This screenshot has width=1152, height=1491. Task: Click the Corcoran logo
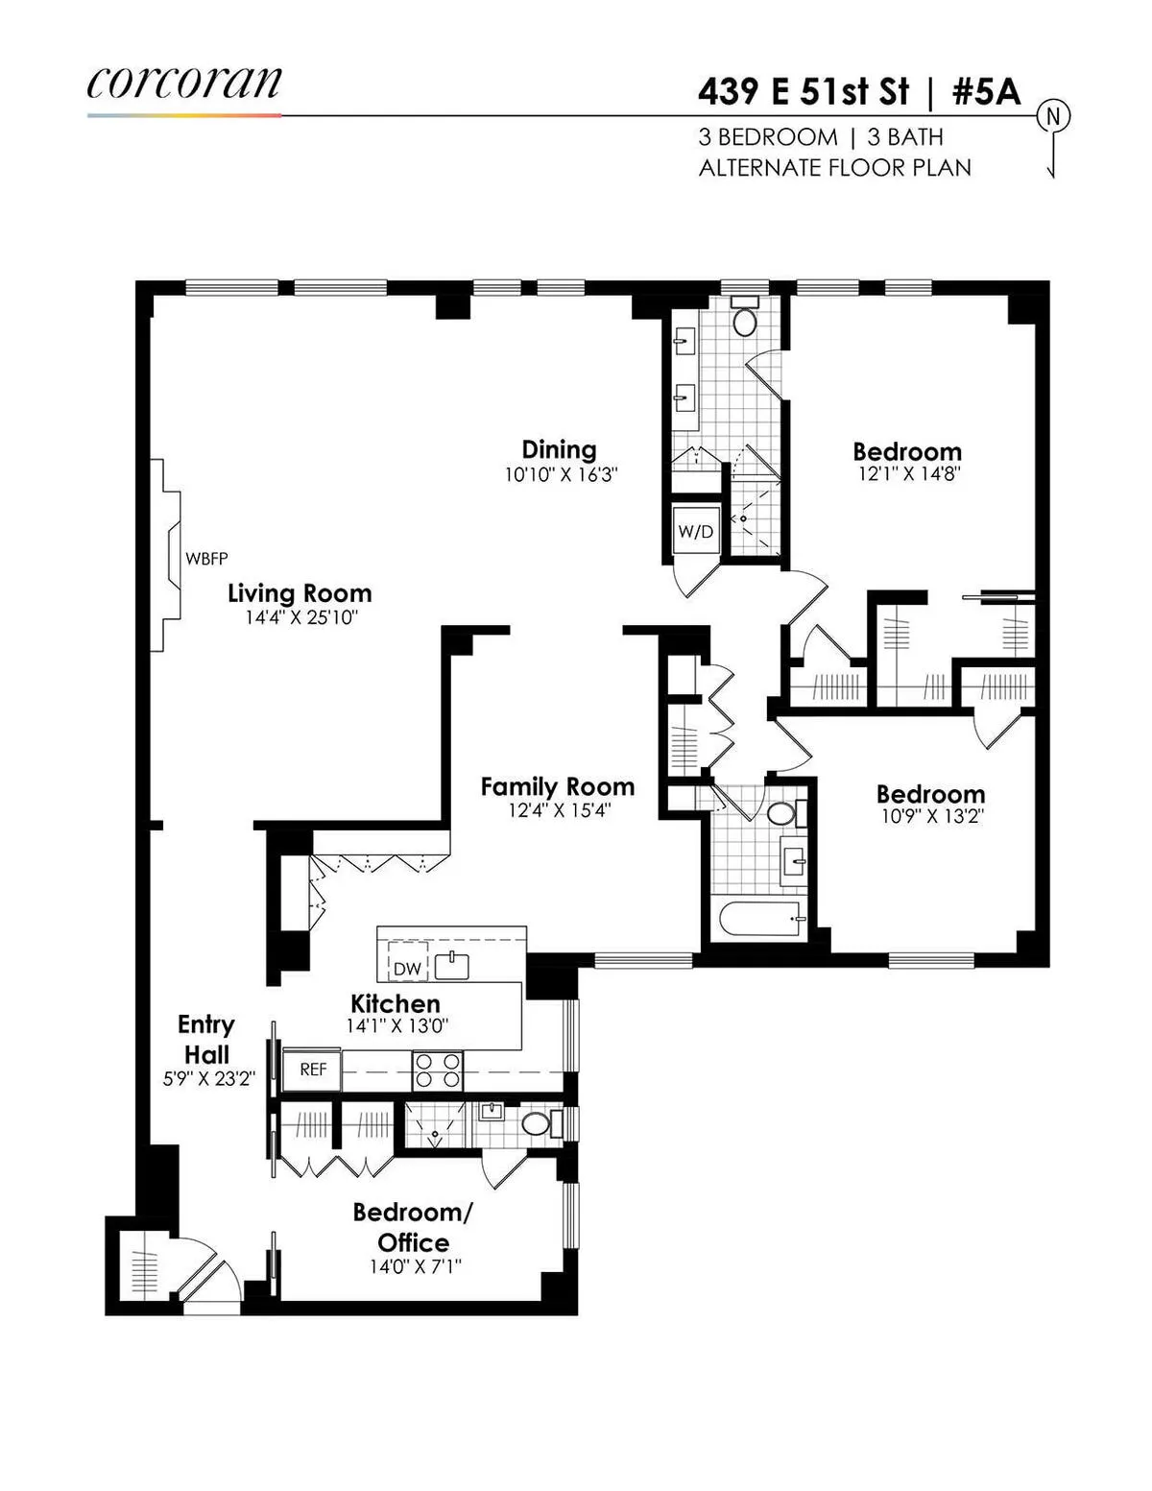(183, 84)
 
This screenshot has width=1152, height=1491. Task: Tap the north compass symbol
(1052, 117)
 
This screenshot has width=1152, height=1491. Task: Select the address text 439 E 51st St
(803, 92)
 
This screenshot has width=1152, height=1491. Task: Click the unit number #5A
(986, 92)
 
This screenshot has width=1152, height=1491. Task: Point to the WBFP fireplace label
(206, 558)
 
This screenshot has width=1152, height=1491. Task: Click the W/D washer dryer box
(695, 531)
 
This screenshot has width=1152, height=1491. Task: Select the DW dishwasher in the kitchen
(407, 968)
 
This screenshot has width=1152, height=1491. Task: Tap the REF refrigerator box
(313, 1070)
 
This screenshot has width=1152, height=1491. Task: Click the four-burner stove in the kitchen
(438, 1070)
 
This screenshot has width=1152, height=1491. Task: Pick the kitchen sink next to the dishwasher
(451, 966)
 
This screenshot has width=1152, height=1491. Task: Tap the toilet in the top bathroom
(745, 317)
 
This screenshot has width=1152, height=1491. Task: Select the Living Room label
(300, 593)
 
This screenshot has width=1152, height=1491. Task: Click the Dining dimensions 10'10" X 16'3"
(561, 474)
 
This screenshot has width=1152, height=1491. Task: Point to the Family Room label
(558, 786)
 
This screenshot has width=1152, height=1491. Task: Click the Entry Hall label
(205, 1039)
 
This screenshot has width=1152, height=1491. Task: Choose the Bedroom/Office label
(413, 1226)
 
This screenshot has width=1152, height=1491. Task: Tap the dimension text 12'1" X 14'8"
(907, 473)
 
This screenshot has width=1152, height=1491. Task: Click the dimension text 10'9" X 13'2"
(930, 817)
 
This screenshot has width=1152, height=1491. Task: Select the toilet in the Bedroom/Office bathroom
(536, 1123)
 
